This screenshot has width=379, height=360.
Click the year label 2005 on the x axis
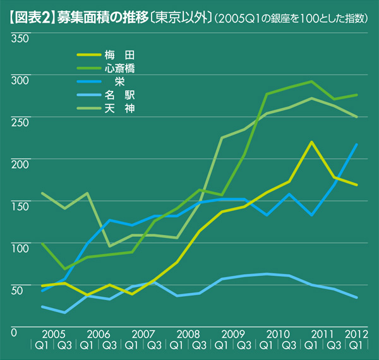(x=53, y=333)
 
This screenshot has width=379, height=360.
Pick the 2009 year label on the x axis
(x=233, y=333)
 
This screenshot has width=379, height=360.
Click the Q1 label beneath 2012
(x=357, y=345)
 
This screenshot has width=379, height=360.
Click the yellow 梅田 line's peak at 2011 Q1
(x=311, y=143)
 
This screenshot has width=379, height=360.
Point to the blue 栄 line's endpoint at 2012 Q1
(x=357, y=145)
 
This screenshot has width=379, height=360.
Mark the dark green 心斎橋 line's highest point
(x=311, y=81)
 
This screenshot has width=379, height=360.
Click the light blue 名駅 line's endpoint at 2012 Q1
(x=357, y=297)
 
